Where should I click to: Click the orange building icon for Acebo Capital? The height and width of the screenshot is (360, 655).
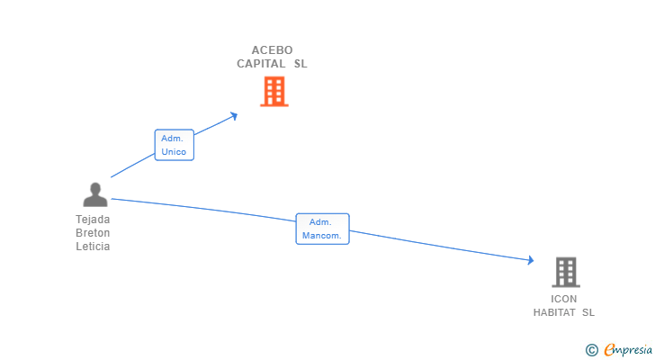[x=274, y=91]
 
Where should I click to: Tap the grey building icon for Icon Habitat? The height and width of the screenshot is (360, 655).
[x=565, y=272]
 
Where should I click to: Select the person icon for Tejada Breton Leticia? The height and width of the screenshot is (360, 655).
[x=94, y=194]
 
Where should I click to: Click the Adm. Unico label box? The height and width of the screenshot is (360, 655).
[x=174, y=145]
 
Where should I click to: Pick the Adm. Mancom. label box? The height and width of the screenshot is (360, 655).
[x=321, y=229]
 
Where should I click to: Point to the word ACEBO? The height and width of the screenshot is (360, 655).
[x=272, y=50]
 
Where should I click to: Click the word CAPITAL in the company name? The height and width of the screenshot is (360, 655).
[x=261, y=64]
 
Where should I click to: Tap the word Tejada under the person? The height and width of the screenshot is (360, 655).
[x=93, y=219]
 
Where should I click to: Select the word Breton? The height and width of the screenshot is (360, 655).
[x=93, y=232]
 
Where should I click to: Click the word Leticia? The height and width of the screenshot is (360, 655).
[x=93, y=247]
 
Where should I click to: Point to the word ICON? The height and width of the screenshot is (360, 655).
[x=564, y=299]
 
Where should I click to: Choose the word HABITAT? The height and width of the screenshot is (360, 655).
[x=554, y=312]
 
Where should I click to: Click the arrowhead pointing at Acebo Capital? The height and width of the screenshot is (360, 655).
[x=234, y=114]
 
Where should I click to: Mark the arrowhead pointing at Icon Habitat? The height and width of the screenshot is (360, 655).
[x=531, y=261]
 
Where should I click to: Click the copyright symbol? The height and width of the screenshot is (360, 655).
[x=591, y=349]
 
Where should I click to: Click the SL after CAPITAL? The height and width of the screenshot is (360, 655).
[x=301, y=64]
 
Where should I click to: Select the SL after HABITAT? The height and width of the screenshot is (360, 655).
[x=588, y=312]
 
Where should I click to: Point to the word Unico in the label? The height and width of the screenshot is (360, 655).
[x=174, y=152]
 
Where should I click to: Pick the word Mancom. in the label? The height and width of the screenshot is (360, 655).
[x=321, y=236]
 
